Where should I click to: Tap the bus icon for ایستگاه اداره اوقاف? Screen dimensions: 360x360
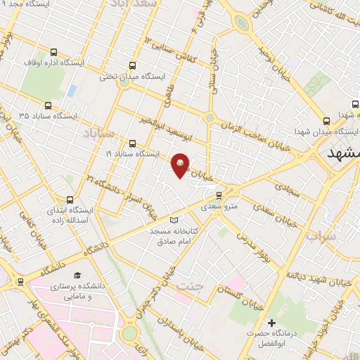pos(54,51)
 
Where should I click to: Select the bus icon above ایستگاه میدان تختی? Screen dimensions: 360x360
pos(124,64)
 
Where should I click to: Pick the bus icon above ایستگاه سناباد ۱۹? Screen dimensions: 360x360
pos(132,142)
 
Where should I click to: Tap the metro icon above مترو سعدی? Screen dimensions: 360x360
pos(219,195)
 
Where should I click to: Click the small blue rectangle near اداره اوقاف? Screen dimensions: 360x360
pos(72,91)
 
